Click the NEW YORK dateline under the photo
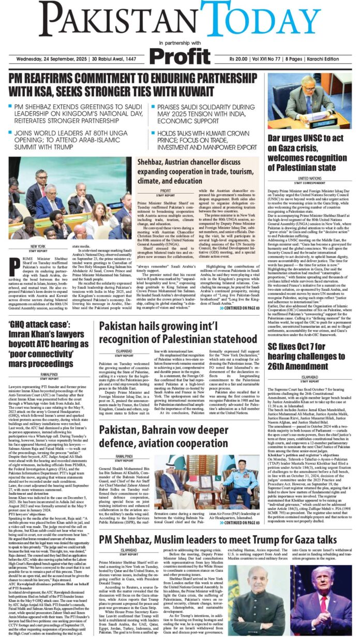click(x=38, y=247)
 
